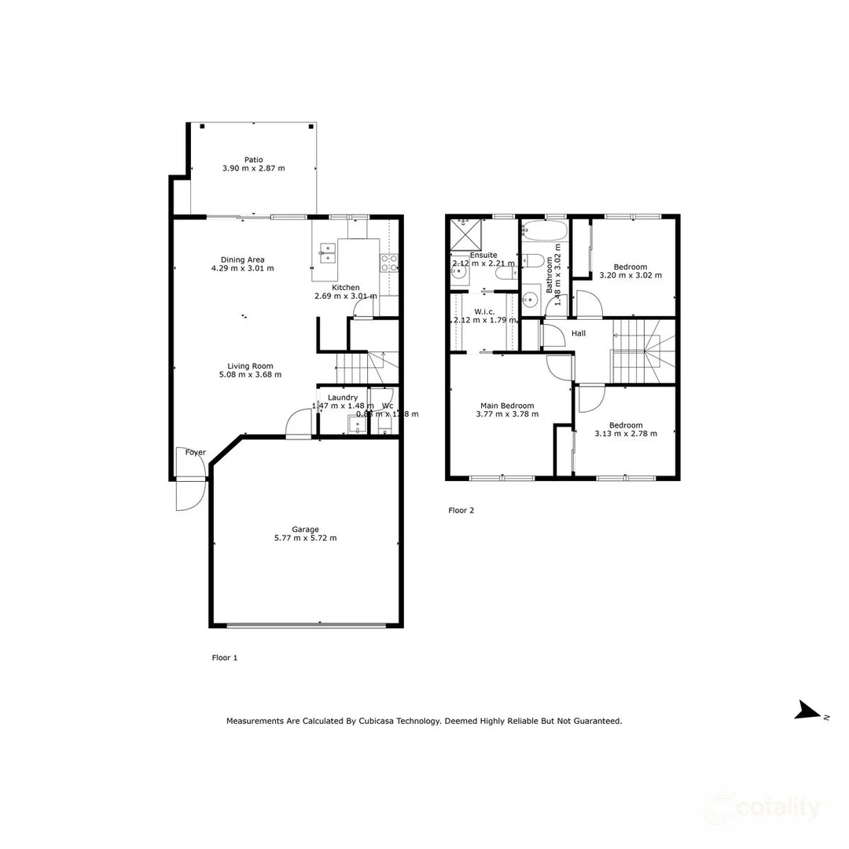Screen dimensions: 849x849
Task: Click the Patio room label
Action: [253, 160]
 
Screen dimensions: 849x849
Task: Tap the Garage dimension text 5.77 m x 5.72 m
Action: [305, 538]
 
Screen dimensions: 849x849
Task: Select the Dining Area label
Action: [242, 259]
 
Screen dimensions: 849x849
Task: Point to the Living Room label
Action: [250, 366]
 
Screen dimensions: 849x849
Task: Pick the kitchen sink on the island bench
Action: [328, 253]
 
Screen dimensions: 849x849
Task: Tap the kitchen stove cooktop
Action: [389, 263]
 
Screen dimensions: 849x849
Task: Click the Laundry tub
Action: [357, 425]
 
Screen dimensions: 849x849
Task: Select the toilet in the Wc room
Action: [384, 425]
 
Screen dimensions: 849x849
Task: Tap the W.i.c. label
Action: [484, 311]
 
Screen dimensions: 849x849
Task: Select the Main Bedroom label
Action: [507, 406]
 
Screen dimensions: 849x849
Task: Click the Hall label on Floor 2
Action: [579, 334]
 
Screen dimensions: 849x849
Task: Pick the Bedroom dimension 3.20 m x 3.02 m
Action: [630, 276]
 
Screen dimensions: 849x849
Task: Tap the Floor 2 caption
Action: [461, 510]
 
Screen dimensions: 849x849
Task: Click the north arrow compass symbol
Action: [808, 710]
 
